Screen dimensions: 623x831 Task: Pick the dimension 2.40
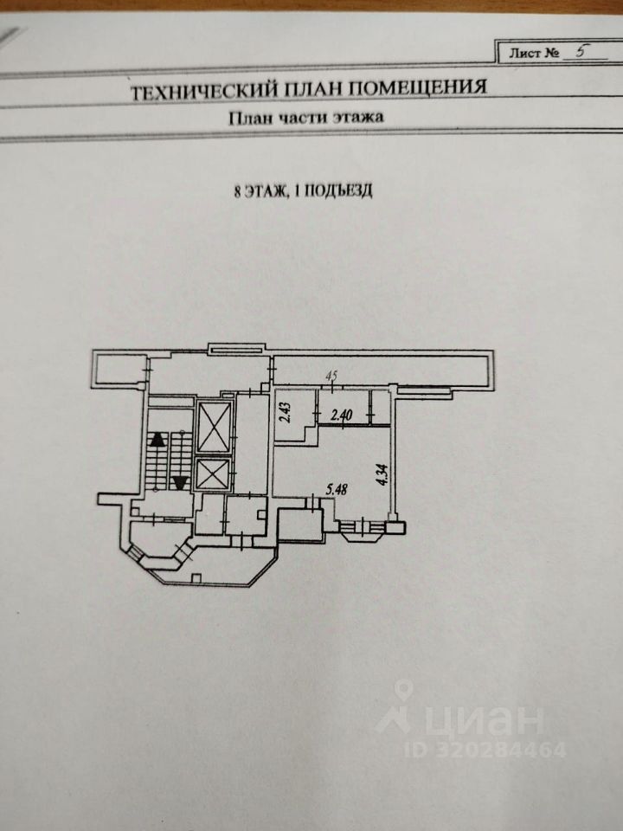[344, 414]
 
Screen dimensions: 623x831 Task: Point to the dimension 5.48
[337, 490]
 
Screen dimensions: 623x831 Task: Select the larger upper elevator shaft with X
[214, 426]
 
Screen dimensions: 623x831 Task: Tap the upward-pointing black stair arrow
[157, 439]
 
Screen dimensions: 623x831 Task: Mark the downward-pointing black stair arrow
[180, 482]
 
